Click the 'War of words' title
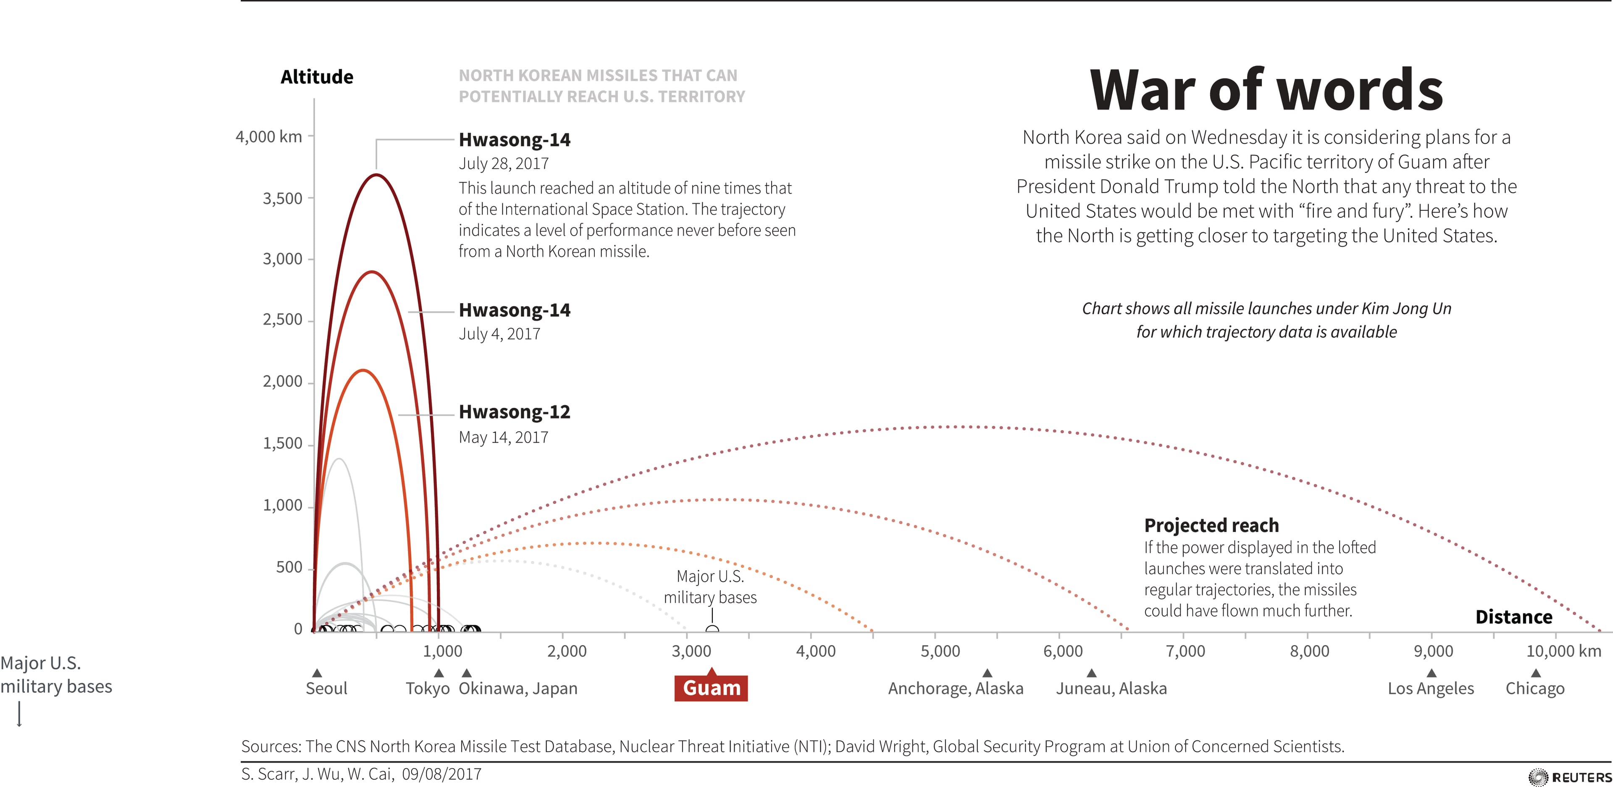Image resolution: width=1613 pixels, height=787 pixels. pos(1266,90)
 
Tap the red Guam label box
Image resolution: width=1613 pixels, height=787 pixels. pos(711,688)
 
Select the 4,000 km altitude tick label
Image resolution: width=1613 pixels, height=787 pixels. pos(269,136)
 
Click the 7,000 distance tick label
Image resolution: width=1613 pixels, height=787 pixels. pos(1186,651)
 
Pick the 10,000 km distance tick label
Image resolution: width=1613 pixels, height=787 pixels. pos(1563,651)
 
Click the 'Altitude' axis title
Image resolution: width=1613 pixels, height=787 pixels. pos(317,77)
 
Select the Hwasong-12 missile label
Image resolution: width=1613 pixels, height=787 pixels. pos(515,412)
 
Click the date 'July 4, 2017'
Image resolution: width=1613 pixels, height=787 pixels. pos(499,334)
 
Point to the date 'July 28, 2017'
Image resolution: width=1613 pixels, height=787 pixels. pos(504,163)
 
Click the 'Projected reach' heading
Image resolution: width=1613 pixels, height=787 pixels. pos(1211,525)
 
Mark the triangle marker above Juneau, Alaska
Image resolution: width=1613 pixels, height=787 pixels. pos(1091,673)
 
